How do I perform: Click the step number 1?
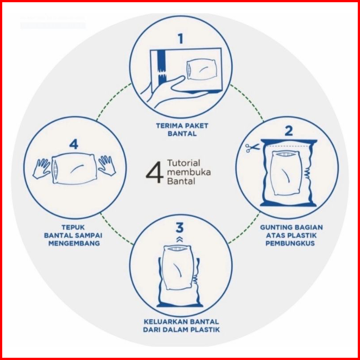[181, 39]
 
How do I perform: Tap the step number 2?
[288, 131]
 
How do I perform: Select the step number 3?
[180, 228]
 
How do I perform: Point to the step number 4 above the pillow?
[74, 144]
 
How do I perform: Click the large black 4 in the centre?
[155, 172]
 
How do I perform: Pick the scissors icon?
[252, 148]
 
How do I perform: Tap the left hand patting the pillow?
[41, 168]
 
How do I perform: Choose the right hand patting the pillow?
[107, 166]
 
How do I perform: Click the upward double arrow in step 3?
[180, 239]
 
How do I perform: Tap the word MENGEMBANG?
[74, 243]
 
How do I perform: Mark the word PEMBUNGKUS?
[290, 243]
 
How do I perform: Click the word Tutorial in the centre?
[184, 163]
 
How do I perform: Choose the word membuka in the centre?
[189, 172]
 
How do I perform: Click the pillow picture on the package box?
[202, 70]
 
